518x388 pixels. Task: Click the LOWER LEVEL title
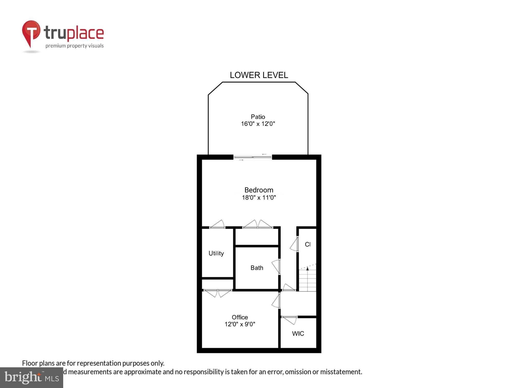point(259,75)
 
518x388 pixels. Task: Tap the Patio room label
point(258,117)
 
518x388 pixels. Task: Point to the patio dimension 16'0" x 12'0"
point(258,124)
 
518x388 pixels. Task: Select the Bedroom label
point(259,190)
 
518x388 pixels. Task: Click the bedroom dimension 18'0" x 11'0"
point(259,198)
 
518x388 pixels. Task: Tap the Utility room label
point(216,253)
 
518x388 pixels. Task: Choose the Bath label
point(257,268)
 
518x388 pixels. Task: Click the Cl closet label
point(307,244)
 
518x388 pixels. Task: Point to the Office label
point(240,317)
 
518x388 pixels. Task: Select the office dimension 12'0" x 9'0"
point(240,324)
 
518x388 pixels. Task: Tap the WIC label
point(298,334)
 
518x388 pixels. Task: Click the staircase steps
point(307,281)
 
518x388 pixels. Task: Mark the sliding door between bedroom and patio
point(253,157)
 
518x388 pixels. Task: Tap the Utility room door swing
point(217,224)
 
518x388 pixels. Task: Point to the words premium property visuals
point(75,46)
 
